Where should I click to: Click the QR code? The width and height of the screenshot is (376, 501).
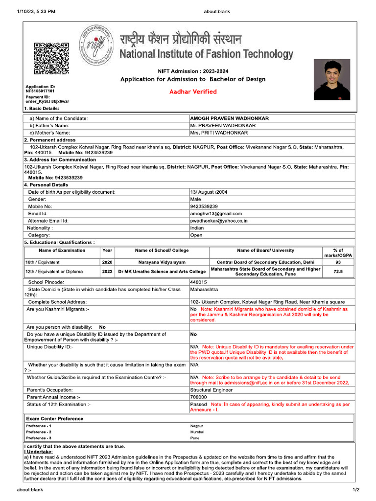(51, 58)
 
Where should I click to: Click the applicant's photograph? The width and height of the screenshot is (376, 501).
(332, 79)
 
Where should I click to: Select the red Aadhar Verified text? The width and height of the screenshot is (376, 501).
(193, 91)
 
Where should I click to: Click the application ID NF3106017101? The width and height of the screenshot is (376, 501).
(40, 91)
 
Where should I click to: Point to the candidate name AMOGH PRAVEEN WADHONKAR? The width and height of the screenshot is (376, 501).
(229, 118)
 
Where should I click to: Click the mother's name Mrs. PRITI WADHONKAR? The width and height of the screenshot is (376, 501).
(219, 133)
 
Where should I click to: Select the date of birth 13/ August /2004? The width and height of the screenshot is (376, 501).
(209, 192)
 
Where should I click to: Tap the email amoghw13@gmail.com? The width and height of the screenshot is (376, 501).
(216, 214)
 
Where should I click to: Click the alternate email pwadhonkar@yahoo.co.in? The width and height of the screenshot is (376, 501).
(219, 221)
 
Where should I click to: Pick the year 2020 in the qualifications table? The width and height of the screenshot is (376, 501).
(107, 262)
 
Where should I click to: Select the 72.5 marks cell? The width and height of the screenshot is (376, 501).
(338, 271)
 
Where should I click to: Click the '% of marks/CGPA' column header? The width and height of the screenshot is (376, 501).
(338, 253)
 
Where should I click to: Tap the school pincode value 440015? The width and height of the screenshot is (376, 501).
(198, 282)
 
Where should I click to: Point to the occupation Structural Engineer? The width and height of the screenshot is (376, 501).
(211, 390)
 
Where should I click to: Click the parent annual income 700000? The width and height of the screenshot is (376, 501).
(198, 397)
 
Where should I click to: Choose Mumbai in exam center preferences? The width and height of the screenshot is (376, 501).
(197, 432)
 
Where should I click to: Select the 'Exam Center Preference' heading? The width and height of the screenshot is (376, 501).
(55, 419)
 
